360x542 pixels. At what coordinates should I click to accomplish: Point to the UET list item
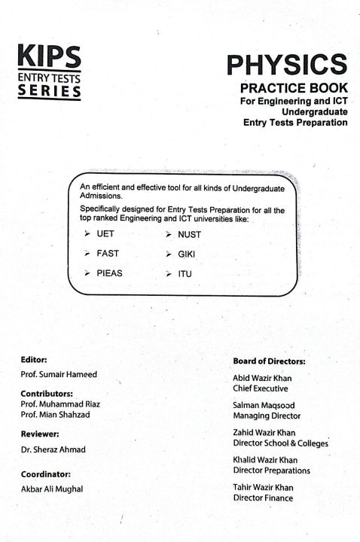105,235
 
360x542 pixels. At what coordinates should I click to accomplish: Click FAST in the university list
108,254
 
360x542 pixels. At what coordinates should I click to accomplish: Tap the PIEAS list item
109,273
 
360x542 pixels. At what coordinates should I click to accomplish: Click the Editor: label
35,360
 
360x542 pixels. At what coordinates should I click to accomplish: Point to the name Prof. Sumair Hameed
59,375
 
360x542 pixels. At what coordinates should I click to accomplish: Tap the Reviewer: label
41,434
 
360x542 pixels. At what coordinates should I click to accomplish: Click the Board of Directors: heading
264,361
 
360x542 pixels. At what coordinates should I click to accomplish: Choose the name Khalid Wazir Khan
265,460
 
